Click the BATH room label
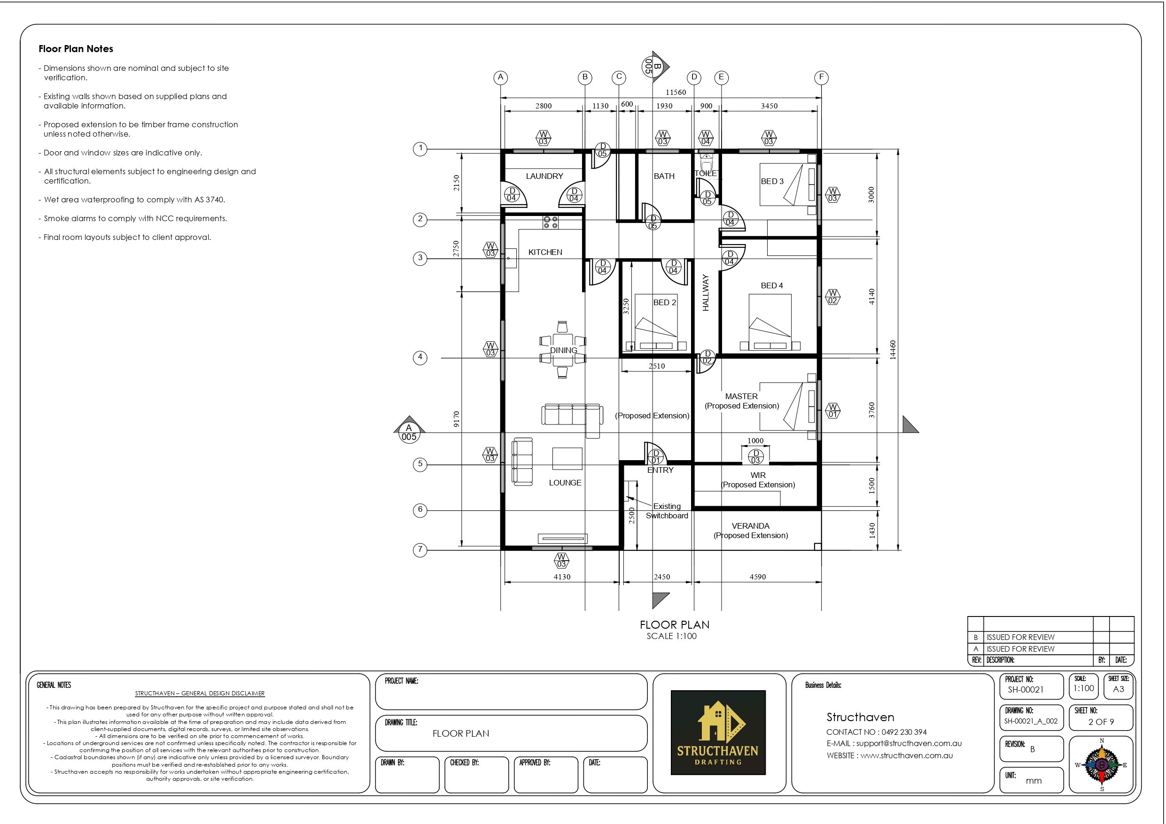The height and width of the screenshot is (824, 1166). [664, 176]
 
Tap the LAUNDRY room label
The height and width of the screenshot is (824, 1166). [544, 176]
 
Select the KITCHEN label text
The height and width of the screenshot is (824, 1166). [545, 252]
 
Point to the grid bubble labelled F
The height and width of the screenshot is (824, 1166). [821, 77]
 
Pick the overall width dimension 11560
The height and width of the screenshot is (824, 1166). [676, 92]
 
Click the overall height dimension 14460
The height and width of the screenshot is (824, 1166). [893, 350]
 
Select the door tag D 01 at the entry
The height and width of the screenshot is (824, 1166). [656, 457]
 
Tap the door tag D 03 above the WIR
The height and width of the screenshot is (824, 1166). [756, 456]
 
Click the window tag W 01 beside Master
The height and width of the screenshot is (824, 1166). [833, 410]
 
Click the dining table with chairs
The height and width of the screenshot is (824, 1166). [562, 350]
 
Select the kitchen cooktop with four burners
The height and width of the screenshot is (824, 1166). [551, 223]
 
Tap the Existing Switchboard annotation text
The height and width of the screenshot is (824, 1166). [667, 511]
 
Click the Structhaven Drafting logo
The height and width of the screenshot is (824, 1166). [718, 732]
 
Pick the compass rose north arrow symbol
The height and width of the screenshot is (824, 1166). [1102, 764]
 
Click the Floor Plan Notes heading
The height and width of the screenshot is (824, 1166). [76, 49]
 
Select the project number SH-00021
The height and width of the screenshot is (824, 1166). [1026, 689]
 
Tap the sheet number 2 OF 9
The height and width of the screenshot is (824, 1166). [1101, 722]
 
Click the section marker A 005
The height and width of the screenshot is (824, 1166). [409, 432]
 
